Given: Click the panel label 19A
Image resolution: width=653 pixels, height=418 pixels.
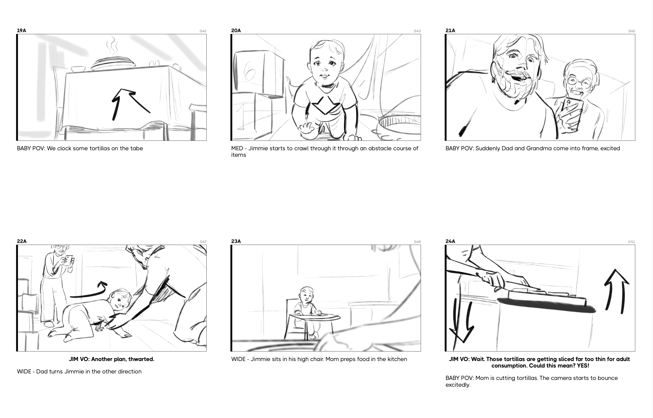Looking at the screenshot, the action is click(22, 30).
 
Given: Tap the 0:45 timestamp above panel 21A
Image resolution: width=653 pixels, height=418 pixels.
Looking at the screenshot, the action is click(631, 31).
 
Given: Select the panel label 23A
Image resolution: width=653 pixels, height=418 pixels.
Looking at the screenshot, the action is click(236, 241).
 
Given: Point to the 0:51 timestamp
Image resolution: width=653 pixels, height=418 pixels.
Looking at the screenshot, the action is click(631, 242).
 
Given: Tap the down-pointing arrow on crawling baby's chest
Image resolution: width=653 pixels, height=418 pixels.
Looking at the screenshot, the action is click(325, 105).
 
